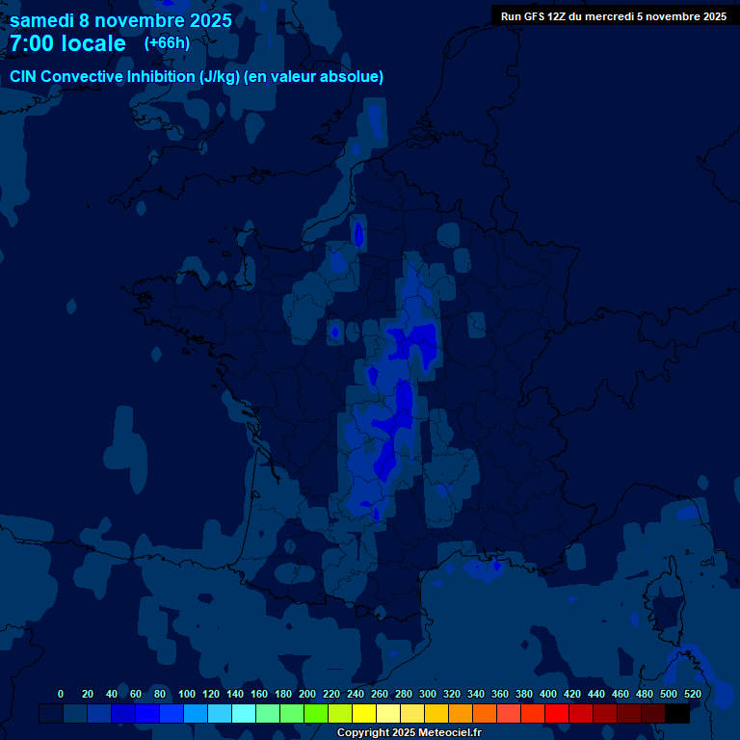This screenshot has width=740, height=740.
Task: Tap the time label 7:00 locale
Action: click(x=67, y=43)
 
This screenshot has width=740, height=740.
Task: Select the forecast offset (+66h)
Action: click(x=167, y=43)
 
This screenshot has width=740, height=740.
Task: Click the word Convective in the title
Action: click(x=82, y=76)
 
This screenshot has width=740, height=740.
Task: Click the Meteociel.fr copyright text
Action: click(x=443, y=733)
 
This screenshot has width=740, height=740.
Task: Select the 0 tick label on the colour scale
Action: click(x=61, y=694)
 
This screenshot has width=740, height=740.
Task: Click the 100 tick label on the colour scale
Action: click(x=187, y=694)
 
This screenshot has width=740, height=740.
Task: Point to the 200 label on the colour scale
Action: click(x=307, y=694)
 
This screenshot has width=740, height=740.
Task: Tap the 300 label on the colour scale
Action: click(x=428, y=694)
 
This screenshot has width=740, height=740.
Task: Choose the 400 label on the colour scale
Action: click(x=548, y=694)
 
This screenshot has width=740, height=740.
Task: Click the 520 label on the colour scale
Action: click(x=692, y=694)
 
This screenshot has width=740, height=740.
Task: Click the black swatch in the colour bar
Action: click(x=677, y=713)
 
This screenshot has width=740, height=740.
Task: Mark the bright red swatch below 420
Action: click(x=557, y=713)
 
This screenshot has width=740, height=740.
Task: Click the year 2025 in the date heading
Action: click(x=209, y=20)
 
